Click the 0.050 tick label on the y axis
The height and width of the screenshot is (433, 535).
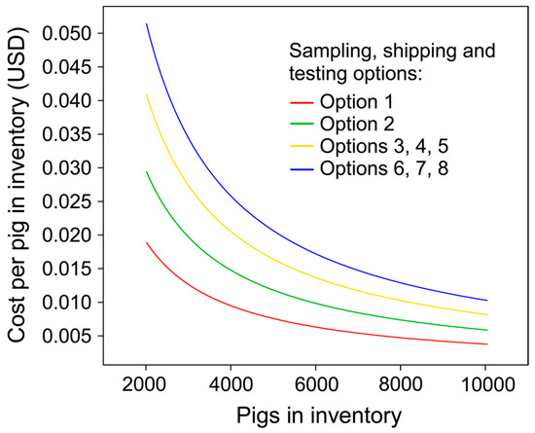(66, 33)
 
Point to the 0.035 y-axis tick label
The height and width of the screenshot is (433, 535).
(66, 134)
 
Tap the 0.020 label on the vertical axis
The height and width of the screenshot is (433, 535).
(66, 235)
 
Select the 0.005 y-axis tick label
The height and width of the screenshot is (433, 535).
(66, 336)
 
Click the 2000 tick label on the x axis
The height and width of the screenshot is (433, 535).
(146, 384)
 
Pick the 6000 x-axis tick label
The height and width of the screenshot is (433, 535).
(315, 384)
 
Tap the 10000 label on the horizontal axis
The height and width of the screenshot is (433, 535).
(485, 384)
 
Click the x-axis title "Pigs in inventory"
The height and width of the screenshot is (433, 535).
(319, 415)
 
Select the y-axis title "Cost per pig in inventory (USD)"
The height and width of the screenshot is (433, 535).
(17, 184)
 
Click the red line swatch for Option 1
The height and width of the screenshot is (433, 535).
(302, 102)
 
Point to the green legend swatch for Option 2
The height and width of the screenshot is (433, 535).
(302, 124)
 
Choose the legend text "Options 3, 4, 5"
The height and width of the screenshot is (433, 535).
(384, 146)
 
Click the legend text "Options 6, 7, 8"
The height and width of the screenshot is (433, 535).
(384, 168)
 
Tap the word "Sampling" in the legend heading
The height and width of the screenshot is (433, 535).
(334, 52)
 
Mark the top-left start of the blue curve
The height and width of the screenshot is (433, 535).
(146, 23)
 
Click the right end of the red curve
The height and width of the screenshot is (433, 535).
(487, 343)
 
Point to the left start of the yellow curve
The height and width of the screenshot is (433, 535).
(146, 94)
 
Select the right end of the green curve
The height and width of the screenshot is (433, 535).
(487, 330)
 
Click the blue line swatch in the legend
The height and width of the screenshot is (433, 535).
(302, 169)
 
